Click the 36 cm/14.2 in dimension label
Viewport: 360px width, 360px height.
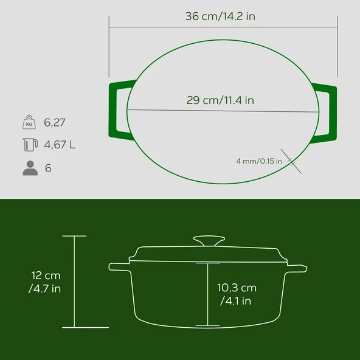(220, 16)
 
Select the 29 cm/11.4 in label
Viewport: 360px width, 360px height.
(220, 100)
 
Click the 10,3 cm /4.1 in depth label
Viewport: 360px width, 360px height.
(237, 294)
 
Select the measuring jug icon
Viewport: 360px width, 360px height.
(29, 145)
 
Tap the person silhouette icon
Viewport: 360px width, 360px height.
(29, 168)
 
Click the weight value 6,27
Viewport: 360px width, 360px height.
(55, 122)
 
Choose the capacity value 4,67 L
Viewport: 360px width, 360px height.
(60, 145)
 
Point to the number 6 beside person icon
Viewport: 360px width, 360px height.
(48, 168)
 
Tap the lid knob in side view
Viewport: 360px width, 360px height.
(207, 241)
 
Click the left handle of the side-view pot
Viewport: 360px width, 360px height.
(119, 266)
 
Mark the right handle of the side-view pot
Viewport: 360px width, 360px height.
(297, 266)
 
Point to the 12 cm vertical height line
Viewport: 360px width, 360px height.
(74, 281)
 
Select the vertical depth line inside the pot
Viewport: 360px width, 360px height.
(207, 295)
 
